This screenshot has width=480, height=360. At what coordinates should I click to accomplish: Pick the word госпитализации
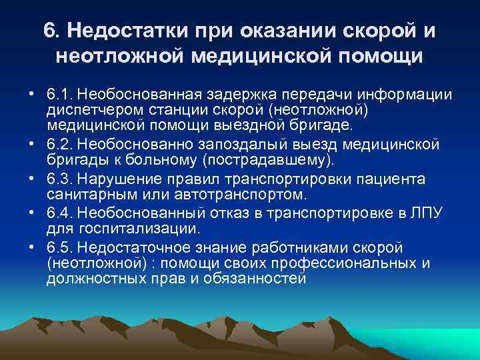pyautogui.click(x=136, y=229)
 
